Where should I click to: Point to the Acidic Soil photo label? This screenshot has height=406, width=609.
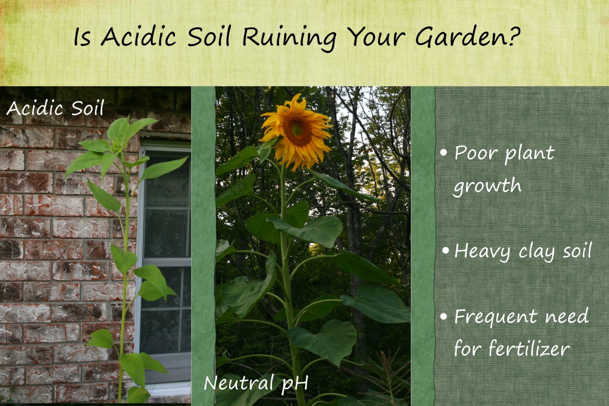[x=55, y=108]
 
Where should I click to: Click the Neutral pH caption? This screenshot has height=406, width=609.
[x=256, y=383]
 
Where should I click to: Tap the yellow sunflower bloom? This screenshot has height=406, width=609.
[x=296, y=130]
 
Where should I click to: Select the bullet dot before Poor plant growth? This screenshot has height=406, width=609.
[x=445, y=153]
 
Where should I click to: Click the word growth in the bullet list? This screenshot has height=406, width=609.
[x=487, y=186]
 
